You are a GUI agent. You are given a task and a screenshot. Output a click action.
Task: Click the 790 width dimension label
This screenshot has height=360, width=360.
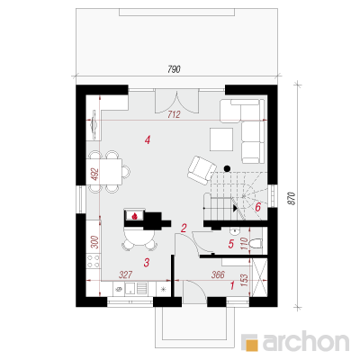coord(174,69)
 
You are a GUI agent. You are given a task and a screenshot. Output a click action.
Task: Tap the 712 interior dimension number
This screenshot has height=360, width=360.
coord(174,114)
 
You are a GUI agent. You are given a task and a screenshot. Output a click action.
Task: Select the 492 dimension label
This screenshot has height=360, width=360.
coord(95,174)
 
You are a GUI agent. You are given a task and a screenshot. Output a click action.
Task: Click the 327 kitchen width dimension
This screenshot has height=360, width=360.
coord(126,274)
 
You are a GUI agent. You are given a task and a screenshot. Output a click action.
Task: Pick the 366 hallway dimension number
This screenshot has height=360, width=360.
coord(218,274)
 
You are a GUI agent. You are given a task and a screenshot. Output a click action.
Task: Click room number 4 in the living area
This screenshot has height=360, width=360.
coord(147,139)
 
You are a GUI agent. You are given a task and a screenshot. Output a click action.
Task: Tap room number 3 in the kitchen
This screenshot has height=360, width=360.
coord(147,263)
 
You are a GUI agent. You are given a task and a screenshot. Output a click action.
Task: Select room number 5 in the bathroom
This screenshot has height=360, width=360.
coord(230,244)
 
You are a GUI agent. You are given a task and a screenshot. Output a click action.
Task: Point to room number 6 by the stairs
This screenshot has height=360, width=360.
coord(257,207)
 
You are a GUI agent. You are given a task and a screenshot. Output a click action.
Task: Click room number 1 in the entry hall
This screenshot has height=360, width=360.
coord(232,285)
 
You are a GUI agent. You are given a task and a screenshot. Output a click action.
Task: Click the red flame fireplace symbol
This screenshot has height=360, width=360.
coord(135,215)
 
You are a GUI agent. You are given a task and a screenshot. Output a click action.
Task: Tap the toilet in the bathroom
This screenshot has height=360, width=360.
coord(256,244)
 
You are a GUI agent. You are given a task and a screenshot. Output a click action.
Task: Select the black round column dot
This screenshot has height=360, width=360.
coord(228,168)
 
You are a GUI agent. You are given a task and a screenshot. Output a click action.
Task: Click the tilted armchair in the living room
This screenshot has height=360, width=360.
coord(202,170)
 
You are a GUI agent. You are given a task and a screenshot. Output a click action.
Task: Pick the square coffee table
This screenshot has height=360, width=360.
coord(221,139)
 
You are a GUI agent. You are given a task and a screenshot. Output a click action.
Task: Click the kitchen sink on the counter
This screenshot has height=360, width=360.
coord(130,289)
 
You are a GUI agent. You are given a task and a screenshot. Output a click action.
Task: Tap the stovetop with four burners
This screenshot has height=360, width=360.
coord(93,261)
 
